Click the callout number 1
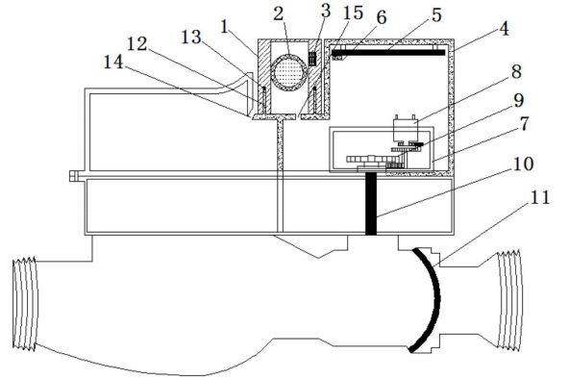click(225, 27)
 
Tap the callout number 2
click(279, 13)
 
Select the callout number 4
click(504, 29)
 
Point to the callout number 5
click(436, 15)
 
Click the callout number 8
click(517, 72)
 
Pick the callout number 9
click(519, 100)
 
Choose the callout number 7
click(525, 124)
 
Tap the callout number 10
click(523, 164)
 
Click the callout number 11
click(540, 198)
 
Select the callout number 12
click(136, 44)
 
